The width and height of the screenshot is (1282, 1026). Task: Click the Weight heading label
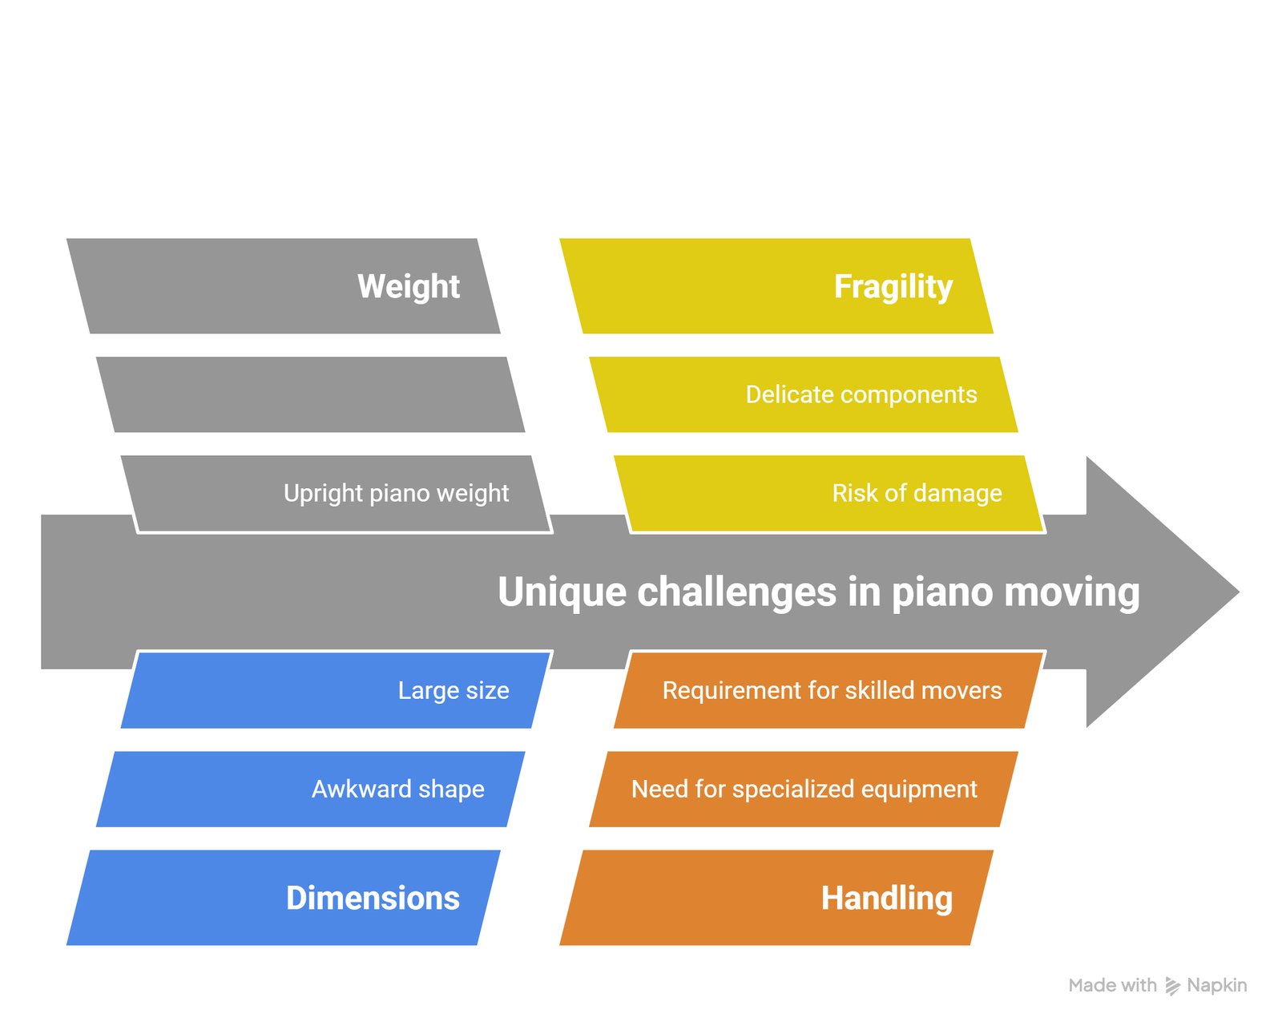click(x=409, y=286)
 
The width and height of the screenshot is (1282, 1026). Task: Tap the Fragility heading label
click(x=893, y=287)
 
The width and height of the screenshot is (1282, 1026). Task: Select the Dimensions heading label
click(x=373, y=898)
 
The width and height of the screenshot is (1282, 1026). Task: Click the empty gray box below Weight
click(x=310, y=394)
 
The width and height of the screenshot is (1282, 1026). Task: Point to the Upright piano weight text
click(x=396, y=494)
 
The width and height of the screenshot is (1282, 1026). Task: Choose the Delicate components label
click(x=861, y=394)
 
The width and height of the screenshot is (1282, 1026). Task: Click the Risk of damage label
click(x=917, y=493)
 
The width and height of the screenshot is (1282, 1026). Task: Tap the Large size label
click(x=454, y=691)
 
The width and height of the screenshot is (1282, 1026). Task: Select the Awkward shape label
click(x=398, y=790)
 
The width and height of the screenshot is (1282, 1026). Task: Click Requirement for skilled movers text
click(x=832, y=690)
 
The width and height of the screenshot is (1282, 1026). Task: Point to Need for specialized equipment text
click(x=804, y=790)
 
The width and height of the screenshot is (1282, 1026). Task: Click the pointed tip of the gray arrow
click(x=1239, y=592)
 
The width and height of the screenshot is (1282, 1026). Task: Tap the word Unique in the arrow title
click(x=562, y=592)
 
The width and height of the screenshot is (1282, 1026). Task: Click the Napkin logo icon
click(x=1172, y=986)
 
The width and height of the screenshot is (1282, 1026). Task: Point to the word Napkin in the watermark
click(x=1216, y=985)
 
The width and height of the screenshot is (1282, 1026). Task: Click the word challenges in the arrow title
click(x=737, y=593)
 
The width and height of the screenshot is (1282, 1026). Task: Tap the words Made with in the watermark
click(x=1112, y=985)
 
